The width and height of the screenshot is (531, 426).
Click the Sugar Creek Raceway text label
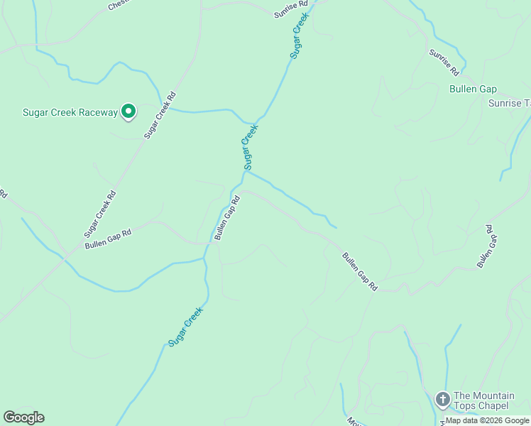coord(70,113)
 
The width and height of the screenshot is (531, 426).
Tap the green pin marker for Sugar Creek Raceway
coord(128,111)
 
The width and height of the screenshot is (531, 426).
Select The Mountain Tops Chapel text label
coord(481,400)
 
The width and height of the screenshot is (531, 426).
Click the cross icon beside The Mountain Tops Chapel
coord(442,399)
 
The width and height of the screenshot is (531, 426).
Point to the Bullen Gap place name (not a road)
coord(473,89)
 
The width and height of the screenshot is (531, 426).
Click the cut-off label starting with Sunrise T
coord(509,103)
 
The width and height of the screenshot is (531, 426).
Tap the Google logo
coord(23,417)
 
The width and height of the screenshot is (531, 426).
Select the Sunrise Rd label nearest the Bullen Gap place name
coord(444,62)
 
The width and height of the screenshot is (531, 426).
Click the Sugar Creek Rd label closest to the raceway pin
coord(160,114)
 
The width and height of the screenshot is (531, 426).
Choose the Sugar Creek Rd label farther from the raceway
coord(100,213)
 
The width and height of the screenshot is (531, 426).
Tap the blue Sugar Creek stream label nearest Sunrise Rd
coord(300,35)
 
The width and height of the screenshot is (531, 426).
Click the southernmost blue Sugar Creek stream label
coord(186,326)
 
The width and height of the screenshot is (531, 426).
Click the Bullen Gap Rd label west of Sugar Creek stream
coord(108,239)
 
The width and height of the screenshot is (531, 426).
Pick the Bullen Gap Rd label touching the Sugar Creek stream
coord(228,218)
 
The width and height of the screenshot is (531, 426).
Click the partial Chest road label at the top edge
coord(117,5)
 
